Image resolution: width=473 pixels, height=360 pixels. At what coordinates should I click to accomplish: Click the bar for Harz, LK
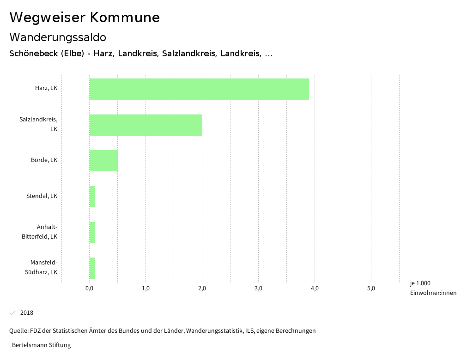coord(199,89)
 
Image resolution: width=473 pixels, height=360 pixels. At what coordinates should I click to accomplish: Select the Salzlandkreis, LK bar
coord(146,125)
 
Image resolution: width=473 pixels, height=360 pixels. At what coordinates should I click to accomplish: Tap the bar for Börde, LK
coord(103,161)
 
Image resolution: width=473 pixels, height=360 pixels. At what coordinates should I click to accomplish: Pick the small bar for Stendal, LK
coord(92,197)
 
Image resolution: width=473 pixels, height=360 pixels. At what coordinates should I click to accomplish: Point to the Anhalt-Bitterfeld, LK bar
coord(92,233)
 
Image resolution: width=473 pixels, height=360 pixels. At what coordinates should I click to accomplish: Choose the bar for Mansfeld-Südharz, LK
coord(92,268)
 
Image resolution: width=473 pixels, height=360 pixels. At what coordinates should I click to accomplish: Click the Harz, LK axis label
coord(46,88)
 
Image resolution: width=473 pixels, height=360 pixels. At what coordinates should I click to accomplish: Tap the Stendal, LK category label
coord(42,196)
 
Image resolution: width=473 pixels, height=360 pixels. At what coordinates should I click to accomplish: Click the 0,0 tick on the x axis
coord(90,289)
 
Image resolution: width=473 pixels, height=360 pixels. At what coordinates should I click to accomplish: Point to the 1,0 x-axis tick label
coord(146,289)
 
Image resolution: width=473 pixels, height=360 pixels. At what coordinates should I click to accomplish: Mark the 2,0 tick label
coord(202,289)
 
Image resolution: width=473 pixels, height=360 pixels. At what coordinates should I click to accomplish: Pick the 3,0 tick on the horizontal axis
coord(258,289)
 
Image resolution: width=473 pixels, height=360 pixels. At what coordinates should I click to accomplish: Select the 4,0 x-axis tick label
coord(315,289)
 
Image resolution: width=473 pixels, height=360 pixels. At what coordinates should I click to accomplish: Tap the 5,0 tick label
coord(371,289)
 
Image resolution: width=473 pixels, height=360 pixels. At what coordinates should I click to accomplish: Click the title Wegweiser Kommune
coord(85,18)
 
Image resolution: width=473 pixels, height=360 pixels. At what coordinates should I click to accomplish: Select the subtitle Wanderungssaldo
coord(58,37)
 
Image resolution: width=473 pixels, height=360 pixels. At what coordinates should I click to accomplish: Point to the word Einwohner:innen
coord(433,294)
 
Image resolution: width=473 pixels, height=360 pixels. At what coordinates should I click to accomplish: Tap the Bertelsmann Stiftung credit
coord(41,345)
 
